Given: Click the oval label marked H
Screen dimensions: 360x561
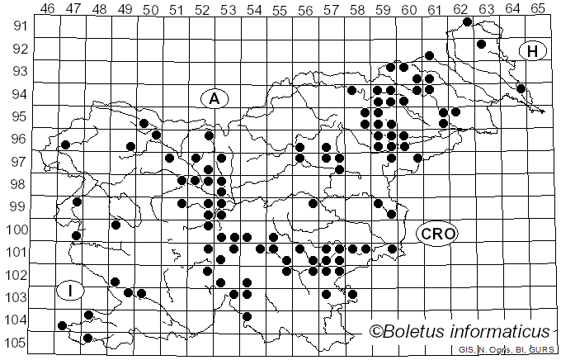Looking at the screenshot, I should point(533,51).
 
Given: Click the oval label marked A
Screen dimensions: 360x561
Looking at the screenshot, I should point(214,98).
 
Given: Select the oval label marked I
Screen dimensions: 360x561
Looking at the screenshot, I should point(72,290).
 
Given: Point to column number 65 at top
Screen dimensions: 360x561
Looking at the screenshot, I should point(538,9).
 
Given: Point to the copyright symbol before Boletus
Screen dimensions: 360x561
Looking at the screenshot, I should point(377,333).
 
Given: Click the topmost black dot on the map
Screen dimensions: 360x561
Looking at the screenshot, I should point(467,21).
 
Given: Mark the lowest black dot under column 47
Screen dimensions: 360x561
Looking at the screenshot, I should point(88,337).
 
